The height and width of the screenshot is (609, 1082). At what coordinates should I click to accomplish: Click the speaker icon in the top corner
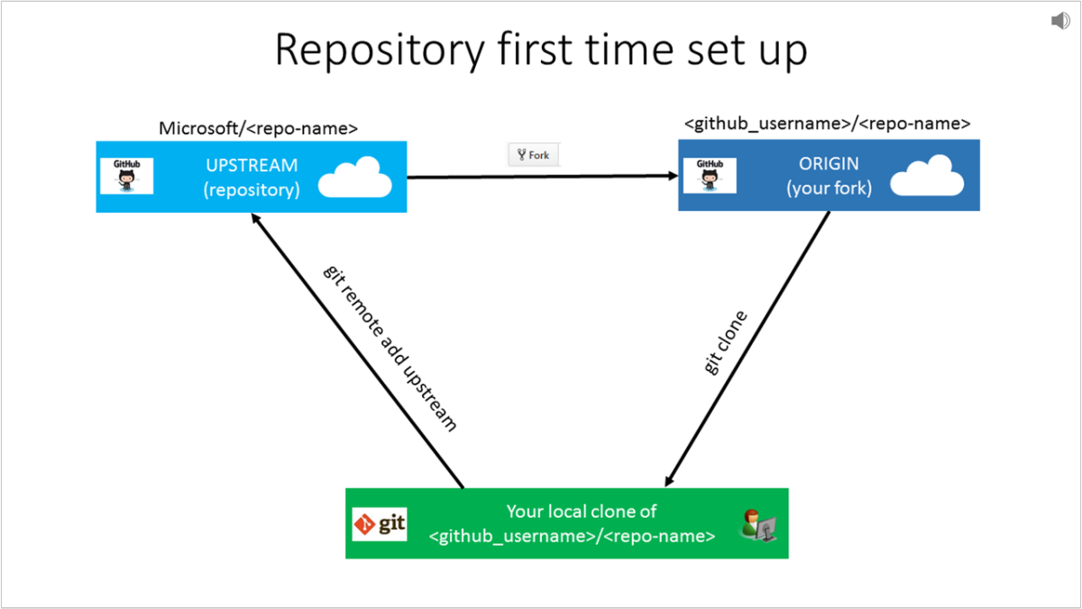(1060, 21)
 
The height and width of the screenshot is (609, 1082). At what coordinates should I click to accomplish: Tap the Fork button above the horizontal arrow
(534, 155)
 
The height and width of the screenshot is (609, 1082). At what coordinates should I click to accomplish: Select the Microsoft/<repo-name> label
(258, 128)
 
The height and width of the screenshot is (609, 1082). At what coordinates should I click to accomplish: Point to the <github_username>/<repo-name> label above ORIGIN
(827, 123)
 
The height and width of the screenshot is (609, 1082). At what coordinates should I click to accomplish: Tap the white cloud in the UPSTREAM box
(355, 178)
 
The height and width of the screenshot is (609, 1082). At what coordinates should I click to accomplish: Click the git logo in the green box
(380, 523)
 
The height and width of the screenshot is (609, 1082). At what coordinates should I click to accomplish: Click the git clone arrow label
(725, 343)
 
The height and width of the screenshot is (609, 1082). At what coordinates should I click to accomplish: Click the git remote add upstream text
(390, 349)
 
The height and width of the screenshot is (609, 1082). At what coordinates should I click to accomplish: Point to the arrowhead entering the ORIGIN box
(671, 177)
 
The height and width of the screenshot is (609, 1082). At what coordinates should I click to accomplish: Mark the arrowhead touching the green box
(670, 480)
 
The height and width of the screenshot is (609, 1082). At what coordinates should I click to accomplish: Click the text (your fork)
(829, 188)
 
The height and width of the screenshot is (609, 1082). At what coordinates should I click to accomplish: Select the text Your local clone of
(581, 511)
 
